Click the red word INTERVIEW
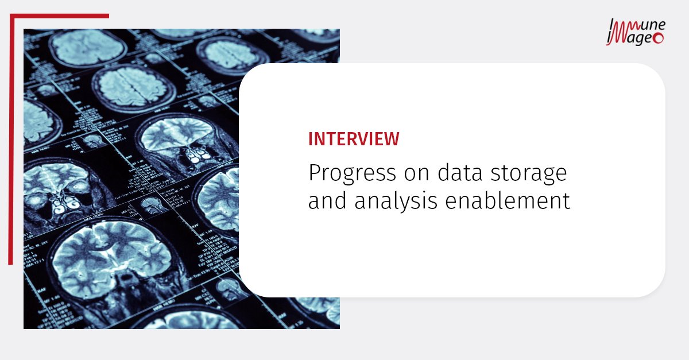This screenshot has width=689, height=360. point(354,139)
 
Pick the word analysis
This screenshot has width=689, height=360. point(390,202)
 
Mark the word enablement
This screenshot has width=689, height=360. point(506,201)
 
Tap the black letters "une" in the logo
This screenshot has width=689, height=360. point(653,25)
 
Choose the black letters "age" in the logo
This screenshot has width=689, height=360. point(640,38)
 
